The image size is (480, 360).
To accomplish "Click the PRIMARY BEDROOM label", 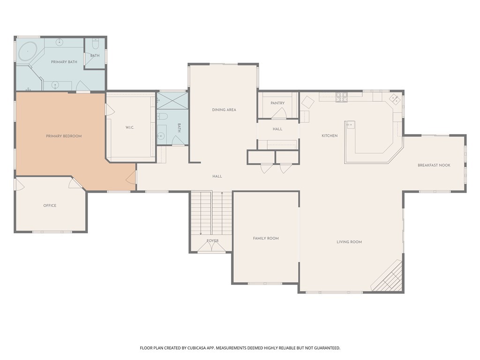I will [64, 136].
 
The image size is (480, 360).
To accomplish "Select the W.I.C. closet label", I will [130, 127].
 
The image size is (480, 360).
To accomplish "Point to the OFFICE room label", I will [50, 205].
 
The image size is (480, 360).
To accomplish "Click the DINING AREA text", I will [224, 110].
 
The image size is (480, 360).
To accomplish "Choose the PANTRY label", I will [277, 103].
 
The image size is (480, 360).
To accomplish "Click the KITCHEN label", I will [330, 136].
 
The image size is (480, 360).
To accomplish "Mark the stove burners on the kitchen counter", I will [341, 97].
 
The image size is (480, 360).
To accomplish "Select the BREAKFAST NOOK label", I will [434, 165].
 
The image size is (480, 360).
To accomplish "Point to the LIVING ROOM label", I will [349, 242].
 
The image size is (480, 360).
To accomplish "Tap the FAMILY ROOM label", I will [266, 238].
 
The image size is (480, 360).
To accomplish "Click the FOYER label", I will [213, 241].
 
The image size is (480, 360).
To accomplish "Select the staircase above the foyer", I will [211, 213].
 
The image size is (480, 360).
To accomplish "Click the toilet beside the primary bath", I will [95, 45].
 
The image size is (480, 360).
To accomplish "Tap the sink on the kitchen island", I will [350, 125].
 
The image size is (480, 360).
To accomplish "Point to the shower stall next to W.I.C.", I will [172, 101].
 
